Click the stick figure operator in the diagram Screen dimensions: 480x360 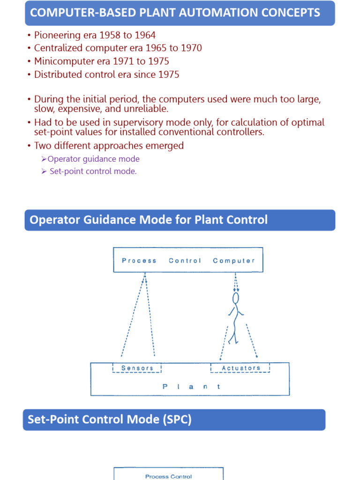[x=235, y=319]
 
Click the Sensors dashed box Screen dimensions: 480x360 [x=137, y=368]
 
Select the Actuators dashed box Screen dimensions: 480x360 [x=240, y=368]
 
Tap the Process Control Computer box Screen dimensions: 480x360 [x=188, y=260]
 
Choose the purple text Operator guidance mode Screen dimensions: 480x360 [x=94, y=159]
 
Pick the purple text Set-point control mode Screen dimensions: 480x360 [x=93, y=171]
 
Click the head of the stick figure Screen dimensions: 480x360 [x=236, y=298]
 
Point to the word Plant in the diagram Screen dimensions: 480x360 [x=191, y=387]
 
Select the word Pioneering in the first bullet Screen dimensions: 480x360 [x=58, y=35]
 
